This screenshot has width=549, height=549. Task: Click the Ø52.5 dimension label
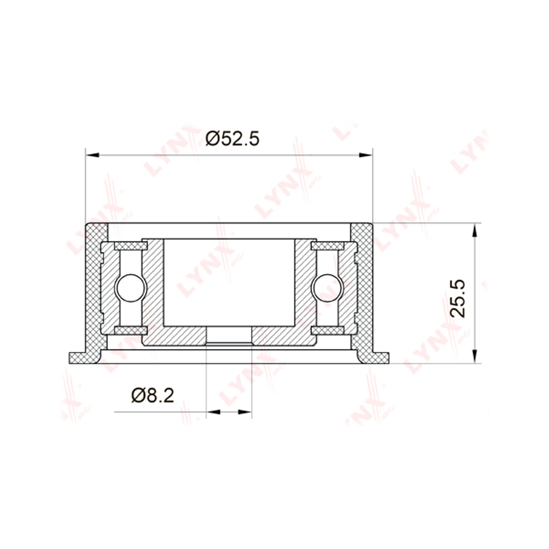tap(232, 139)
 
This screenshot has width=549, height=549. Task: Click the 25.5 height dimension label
tap(457, 298)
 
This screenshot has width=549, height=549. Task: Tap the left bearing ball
tap(130, 288)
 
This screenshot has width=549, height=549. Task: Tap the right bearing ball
tap(328, 288)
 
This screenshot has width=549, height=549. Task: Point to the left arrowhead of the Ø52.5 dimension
tap(92, 155)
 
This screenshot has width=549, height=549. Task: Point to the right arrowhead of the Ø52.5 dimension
tap(366, 155)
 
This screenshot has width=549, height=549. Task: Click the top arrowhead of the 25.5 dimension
tap(474, 230)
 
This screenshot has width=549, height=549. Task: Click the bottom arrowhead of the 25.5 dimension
tap(474, 356)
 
